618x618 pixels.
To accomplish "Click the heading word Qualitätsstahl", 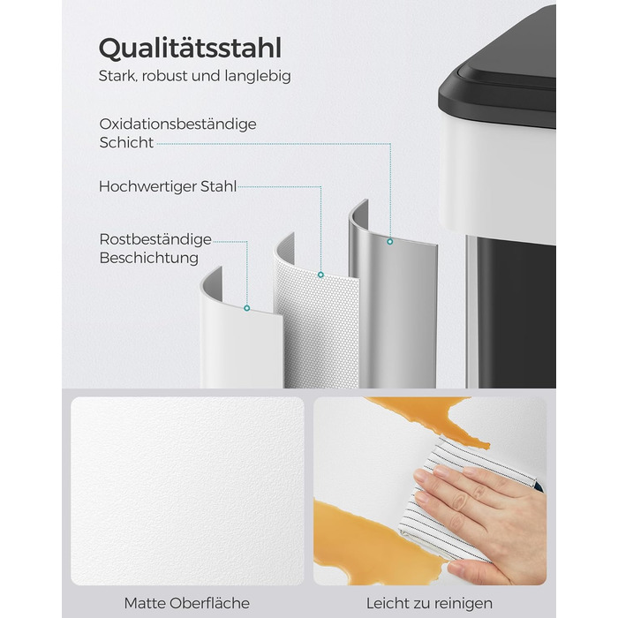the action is pyautogui.click(x=190, y=49).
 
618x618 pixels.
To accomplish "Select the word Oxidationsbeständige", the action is pyautogui.click(x=177, y=124).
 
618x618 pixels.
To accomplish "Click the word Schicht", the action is pyautogui.click(x=126, y=143).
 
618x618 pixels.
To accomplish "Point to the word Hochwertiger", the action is pyautogui.click(x=147, y=187).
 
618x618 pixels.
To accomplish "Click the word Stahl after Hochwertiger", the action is pyautogui.click(x=218, y=186).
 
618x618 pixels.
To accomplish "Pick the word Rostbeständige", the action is pyautogui.click(x=155, y=239).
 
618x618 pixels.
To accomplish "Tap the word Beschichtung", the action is pyautogui.click(x=148, y=258).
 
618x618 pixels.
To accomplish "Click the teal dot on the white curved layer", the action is pyautogui.click(x=246, y=308).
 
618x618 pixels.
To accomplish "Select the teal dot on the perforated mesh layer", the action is pyautogui.click(x=320, y=275).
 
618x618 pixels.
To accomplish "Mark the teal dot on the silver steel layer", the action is pyautogui.click(x=390, y=242).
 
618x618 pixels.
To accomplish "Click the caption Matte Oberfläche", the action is pyautogui.click(x=187, y=603).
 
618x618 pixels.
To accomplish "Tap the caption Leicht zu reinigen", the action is pyautogui.click(x=429, y=603).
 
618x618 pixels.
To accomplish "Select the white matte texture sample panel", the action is pyautogui.click(x=187, y=491).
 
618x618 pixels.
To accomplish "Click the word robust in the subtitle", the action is pyautogui.click(x=165, y=76).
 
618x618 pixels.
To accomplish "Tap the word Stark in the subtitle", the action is pyautogui.click(x=117, y=76).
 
